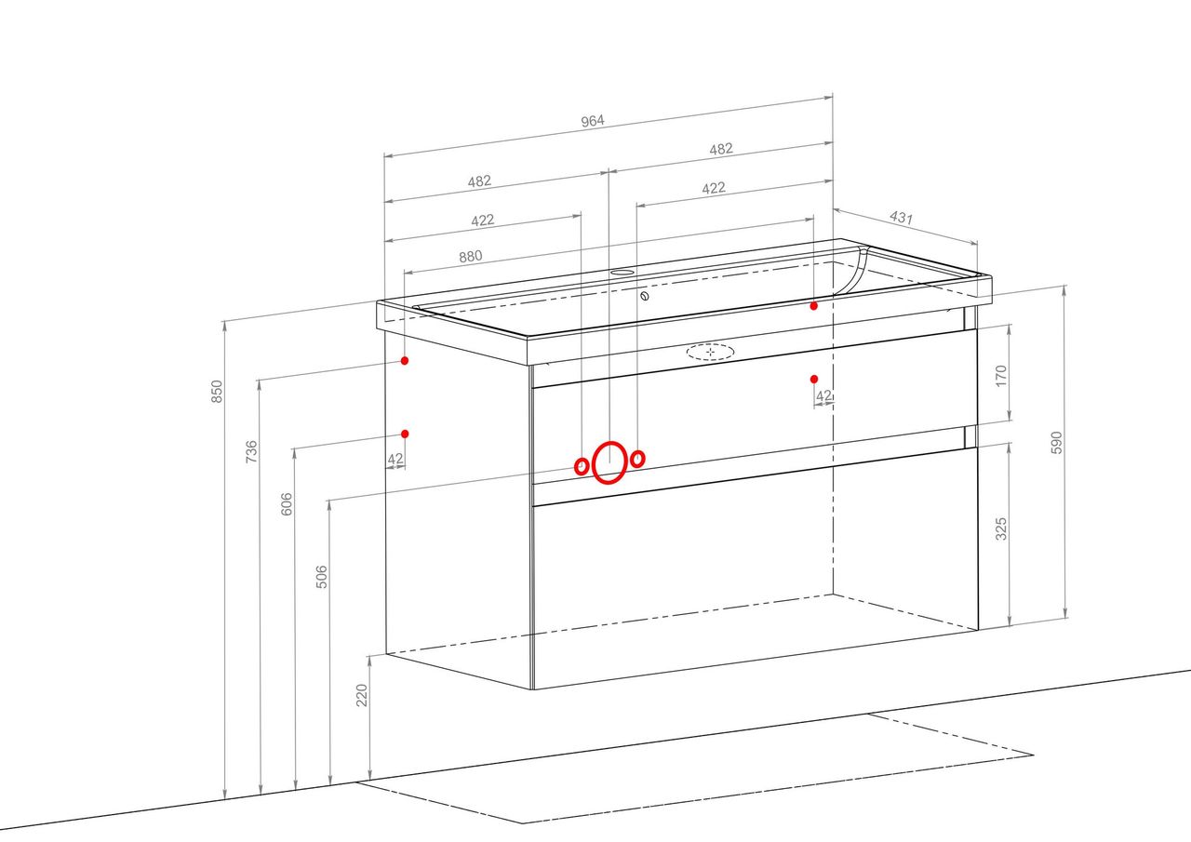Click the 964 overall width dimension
[x=593, y=121]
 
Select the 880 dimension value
[x=471, y=257]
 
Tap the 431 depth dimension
[x=902, y=218]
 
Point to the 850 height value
[x=217, y=392]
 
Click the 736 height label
[x=251, y=451]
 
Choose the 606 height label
[x=286, y=504]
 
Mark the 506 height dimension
[x=322, y=577]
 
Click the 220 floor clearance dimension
[x=362, y=695]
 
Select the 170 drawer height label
[x=1000, y=376]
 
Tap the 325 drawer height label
[x=1000, y=528]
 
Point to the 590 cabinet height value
[x=1056, y=443]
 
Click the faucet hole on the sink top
[x=622, y=273]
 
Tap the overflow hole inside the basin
[x=645, y=296]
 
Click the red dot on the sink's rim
[x=813, y=306]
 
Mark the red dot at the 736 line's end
[x=405, y=360]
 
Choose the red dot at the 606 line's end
[x=405, y=434]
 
